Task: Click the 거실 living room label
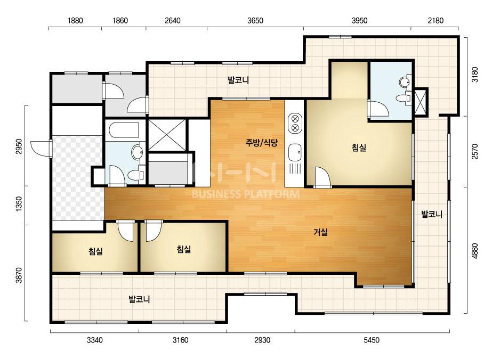pyautogui.click(x=321, y=232)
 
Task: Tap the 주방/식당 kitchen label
pyautogui.click(x=261, y=143)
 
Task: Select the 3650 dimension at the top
pyautogui.click(x=255, y=21)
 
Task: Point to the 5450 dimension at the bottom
pyautogui.click(x=371, y=340)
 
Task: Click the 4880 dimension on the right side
pyautogui.click(x=475, y=251)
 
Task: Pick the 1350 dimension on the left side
pyautogui.click(x=19, y=204)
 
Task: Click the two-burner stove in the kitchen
pyautogui.click(x=295, y=123)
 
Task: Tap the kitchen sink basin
pyautogui.click(x=295, y=152)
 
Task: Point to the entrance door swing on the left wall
pyautogui.click(x=41, y=148)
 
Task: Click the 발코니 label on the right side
pyautogui.click(x=432, y=215)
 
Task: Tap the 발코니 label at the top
pyautogui.click(x=238, y=80)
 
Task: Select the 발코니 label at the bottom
pyautogui.click(x=139, y=299)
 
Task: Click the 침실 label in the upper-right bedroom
pyautogui.click(x=359, y=148)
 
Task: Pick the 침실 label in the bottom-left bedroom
pyautogui.click(x=95, y=251)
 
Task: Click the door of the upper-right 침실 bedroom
pyautogui.click(x=322, y=177)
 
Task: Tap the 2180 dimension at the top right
pyautogui.click(x=436, y=21)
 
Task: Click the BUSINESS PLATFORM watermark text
pyautogui.click(x=246, y=194)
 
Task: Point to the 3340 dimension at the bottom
pyautogui.click(x=94, y=340)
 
